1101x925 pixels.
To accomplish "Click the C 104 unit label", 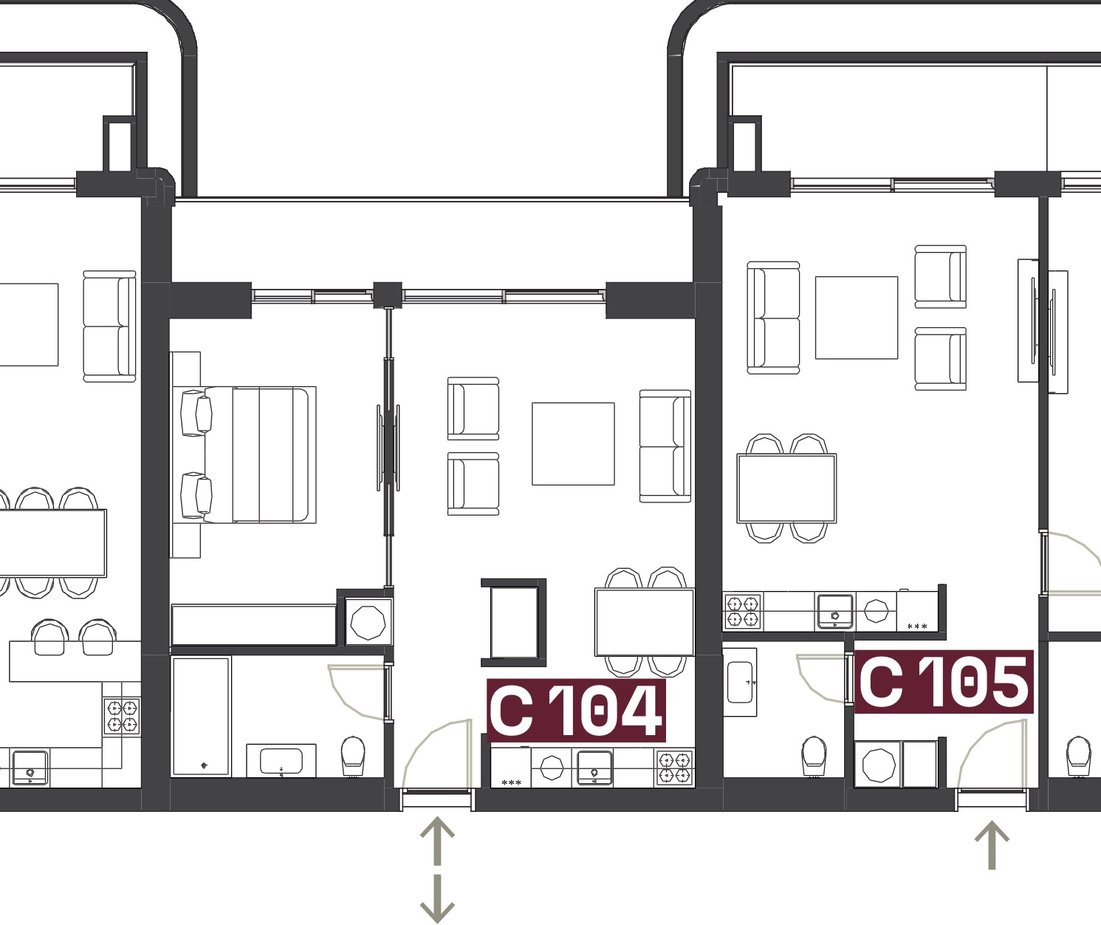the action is [576, 710].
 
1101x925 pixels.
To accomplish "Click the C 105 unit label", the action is [943, 682].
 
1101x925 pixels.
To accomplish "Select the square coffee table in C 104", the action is [573, 444].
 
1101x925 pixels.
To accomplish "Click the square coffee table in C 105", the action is [857, 318].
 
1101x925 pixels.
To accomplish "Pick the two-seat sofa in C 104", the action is [665, 446].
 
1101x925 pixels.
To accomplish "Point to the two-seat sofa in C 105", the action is [773, 318].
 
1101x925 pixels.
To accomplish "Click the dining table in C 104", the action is [645, 623].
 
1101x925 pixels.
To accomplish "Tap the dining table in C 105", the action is [786, 488].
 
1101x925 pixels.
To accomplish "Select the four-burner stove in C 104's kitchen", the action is [675, 768].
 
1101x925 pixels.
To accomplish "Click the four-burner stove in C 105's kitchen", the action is [742, 611].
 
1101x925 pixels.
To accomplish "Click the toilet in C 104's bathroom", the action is [353, 756].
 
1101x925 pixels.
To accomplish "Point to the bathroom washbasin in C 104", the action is [281, 761].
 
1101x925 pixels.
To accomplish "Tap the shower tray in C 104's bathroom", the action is [201, 716].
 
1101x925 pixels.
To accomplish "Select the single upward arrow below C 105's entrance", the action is [992, 844].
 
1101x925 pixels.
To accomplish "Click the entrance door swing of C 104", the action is [428, 737].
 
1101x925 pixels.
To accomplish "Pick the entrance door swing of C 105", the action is [984, 740].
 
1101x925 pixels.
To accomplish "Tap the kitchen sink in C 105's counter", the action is [834, 612].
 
